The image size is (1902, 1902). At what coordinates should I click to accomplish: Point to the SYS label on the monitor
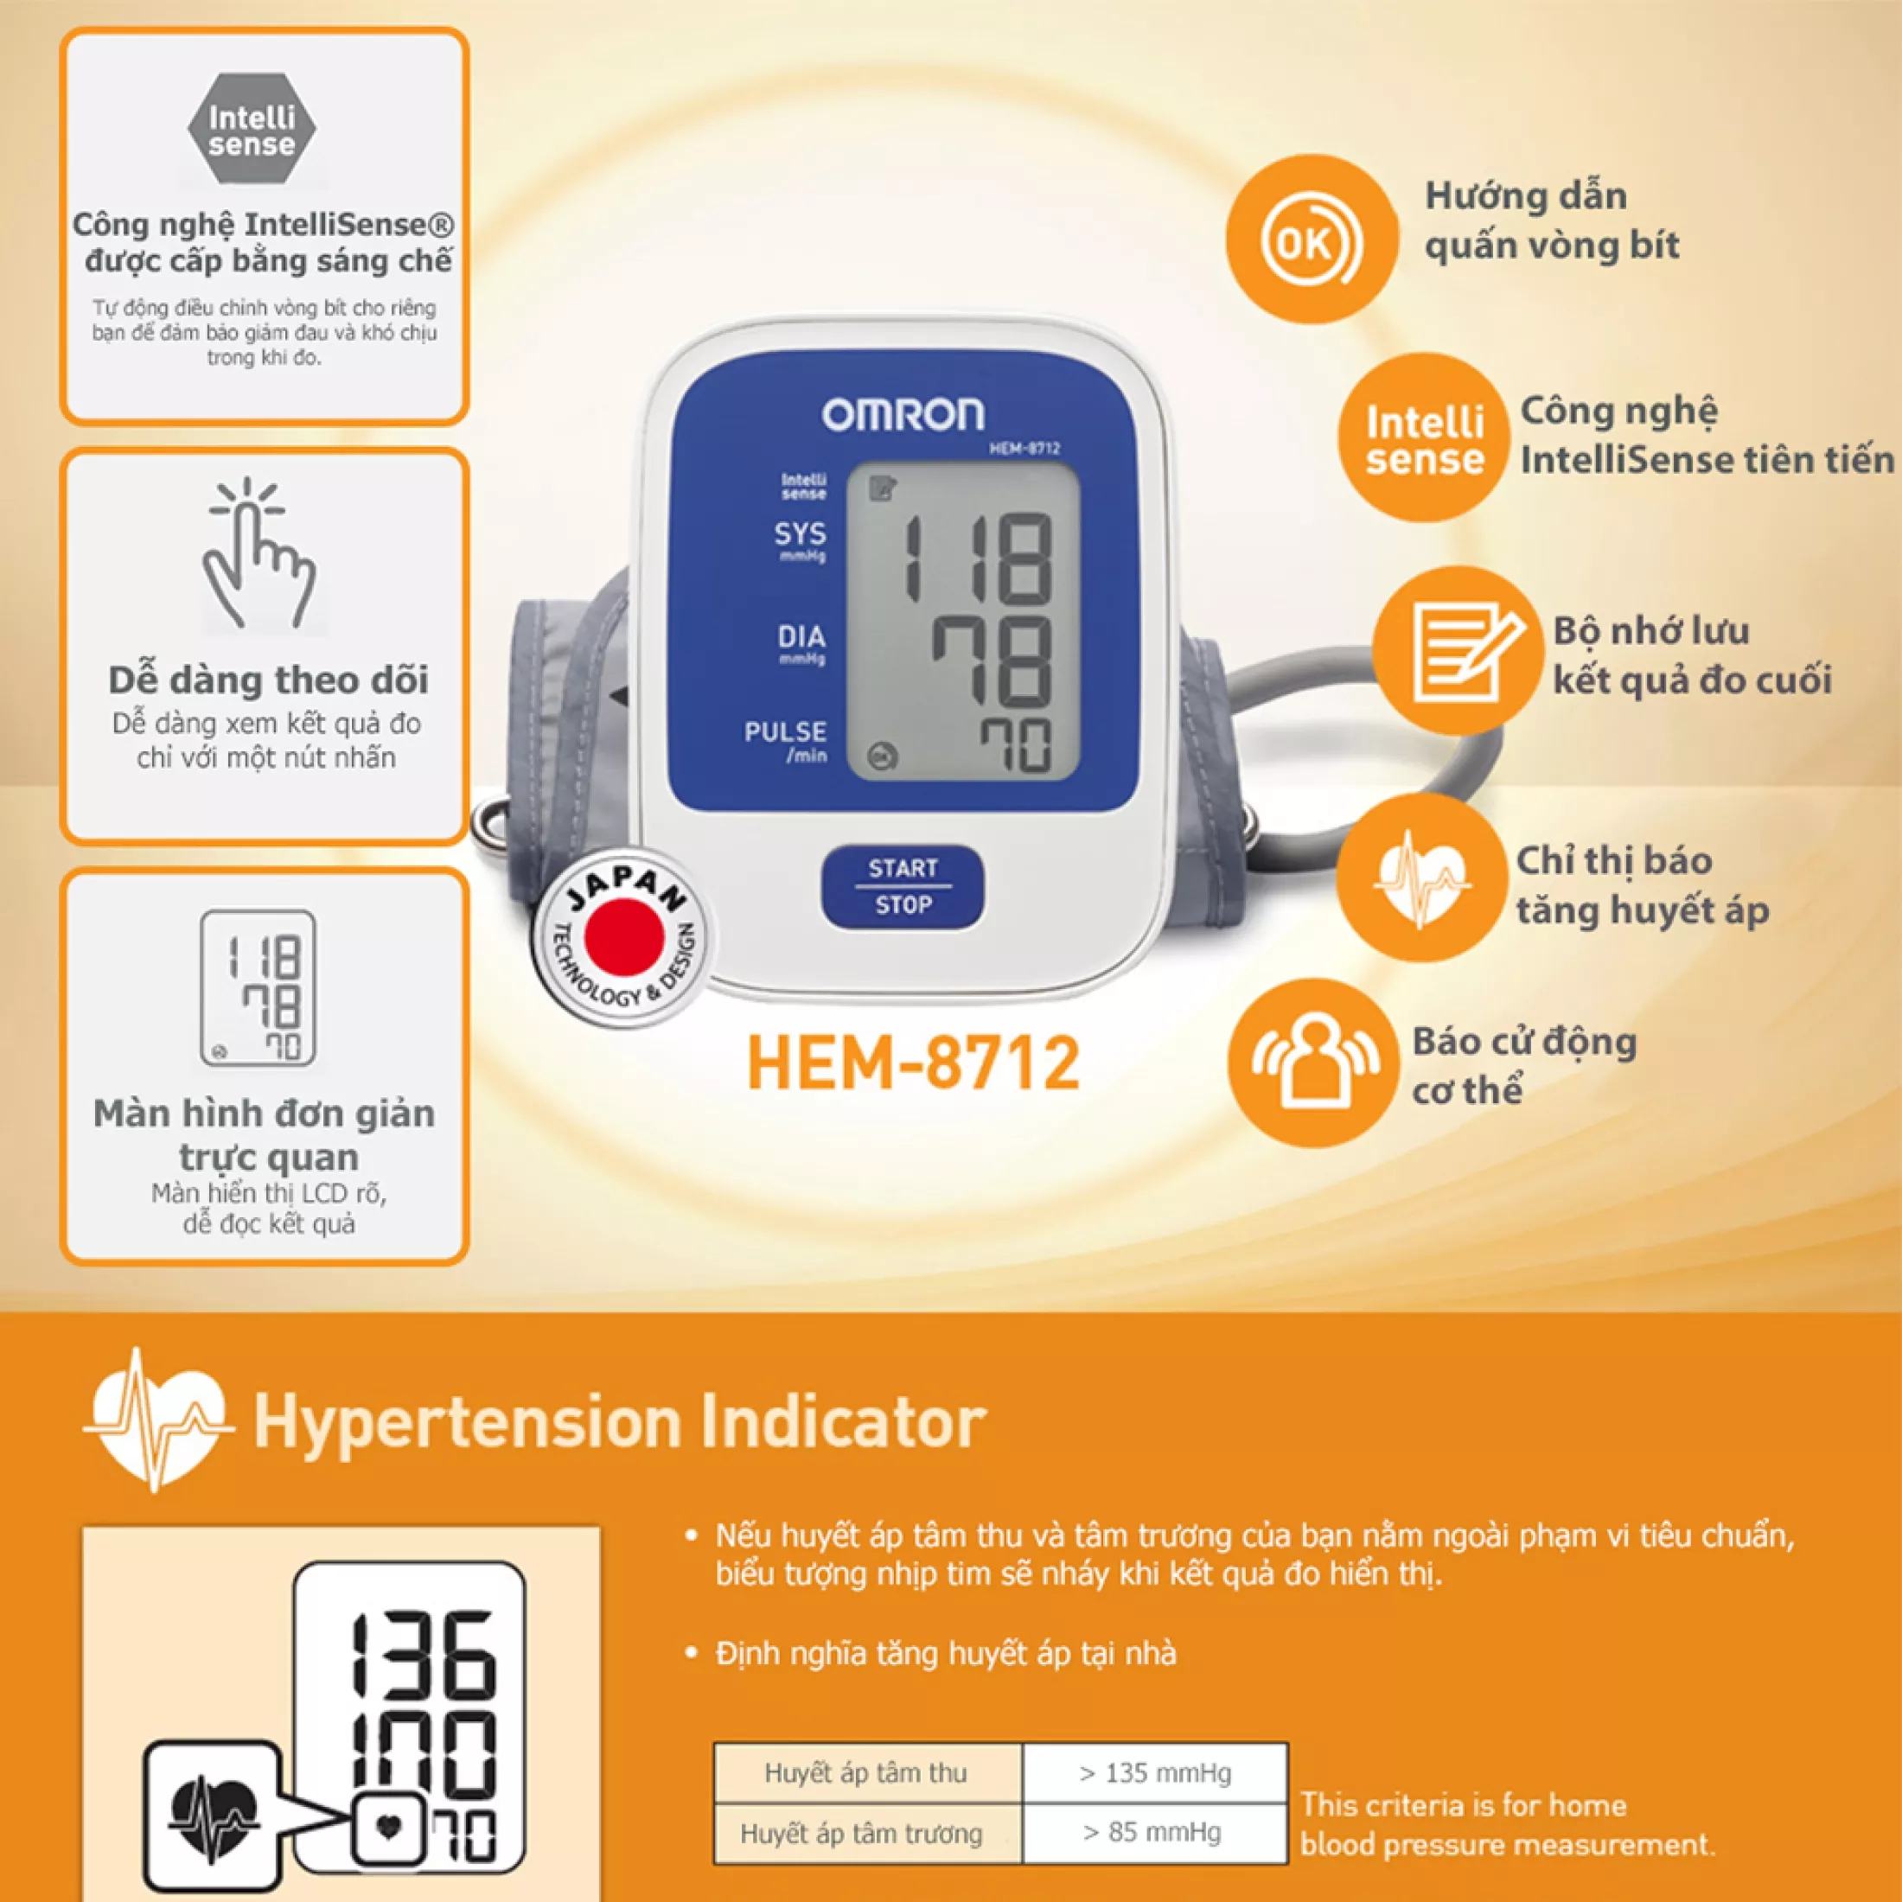click(800, 534)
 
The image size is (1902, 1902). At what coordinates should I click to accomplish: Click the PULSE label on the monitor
click(785, 731)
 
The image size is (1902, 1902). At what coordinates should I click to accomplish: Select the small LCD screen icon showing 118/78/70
click(258, 987)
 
